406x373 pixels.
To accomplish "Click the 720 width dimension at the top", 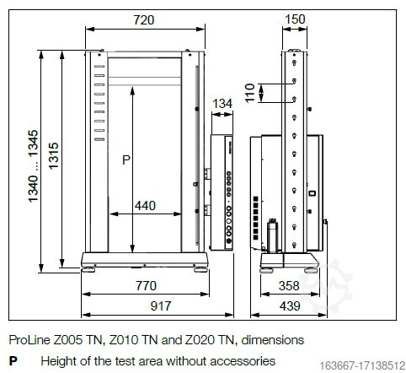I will (144, 19).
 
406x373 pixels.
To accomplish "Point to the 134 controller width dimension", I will (222, 104).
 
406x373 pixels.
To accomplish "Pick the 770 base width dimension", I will (145, 286).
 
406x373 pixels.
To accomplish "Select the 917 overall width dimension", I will (145, 304).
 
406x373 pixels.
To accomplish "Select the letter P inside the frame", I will (127, 159).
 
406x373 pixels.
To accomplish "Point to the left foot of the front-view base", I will (88, 272).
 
